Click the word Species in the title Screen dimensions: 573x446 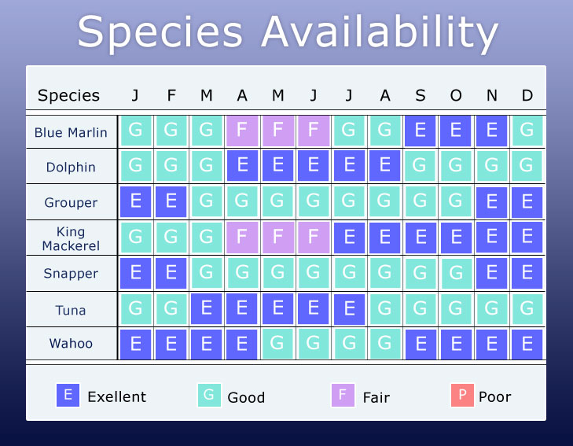click(160, 32)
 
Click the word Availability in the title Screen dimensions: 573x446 click(380, 32)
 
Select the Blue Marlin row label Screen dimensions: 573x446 click(71, 132)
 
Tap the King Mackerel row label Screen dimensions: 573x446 click(71, 238)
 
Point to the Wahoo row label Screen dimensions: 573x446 click(71, 343)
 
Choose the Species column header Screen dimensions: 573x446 click(68, 95)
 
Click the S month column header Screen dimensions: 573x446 click(421, 95)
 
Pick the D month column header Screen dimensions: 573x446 click(527, 95)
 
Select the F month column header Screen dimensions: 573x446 click(171, 95)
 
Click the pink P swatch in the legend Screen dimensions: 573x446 click(462, 395)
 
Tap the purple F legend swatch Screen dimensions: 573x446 click(343, 395)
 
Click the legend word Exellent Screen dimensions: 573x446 click(116, 396)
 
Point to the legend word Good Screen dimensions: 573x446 click(246, 397)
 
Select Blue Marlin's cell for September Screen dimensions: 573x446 click(421, 131)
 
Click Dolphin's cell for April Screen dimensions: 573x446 click(242, 166)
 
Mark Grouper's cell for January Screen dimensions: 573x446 click(135, 202)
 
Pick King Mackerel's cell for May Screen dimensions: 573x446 click(277, 238)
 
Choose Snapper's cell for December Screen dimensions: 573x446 click(527, 273)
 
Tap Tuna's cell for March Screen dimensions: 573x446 click(207, 309)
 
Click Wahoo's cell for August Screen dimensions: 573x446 click(385, 344)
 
